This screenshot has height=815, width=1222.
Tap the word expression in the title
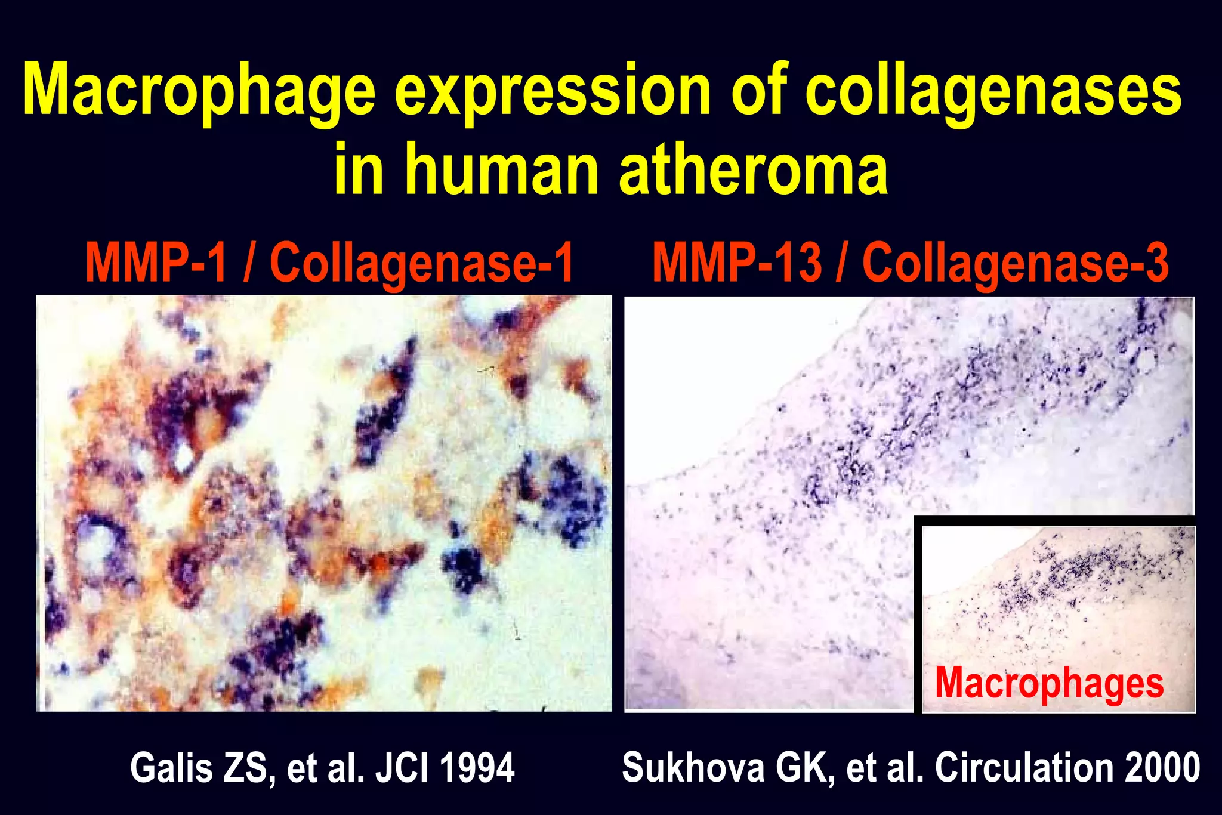552,92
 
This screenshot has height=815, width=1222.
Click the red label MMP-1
156,263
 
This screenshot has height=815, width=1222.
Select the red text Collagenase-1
421,263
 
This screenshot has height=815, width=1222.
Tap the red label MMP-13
736,263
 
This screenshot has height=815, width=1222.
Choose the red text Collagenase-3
1014,263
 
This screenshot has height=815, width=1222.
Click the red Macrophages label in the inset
1049,683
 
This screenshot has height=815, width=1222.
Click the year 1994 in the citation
477,768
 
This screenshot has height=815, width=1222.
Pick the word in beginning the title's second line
358,169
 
